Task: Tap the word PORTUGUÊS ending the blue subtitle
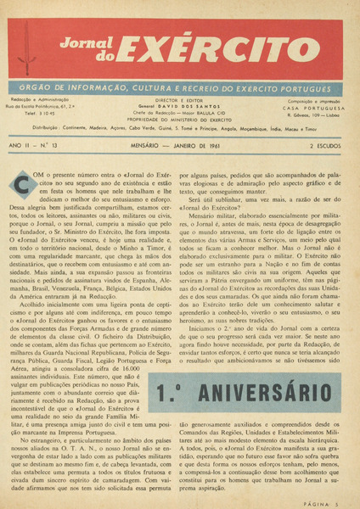coord(315,87)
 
